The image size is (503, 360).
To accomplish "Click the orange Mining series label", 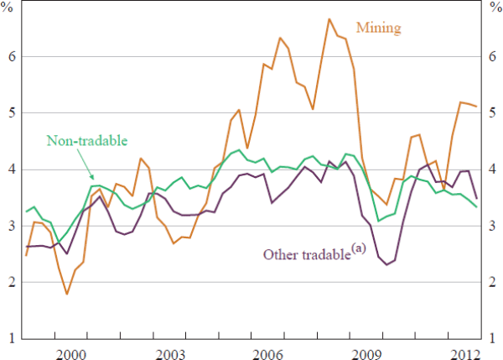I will pyautogui.click(x=379, y=28).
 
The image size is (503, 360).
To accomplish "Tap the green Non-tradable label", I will pyautogui.click(x=80, y=140).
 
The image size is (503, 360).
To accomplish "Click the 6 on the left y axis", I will pyautogui.click(x=13, y=57).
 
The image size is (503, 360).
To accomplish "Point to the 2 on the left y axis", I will pyautogui.click(x=13, y=283).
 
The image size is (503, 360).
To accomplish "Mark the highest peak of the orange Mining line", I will pyautogui.click(x=329, y=18).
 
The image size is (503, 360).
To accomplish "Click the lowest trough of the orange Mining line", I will pyautogui.click(x=66, y=294).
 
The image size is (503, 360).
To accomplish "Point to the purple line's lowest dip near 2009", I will pyautogui.click(x=387, y=264).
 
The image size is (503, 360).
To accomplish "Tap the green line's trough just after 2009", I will pyautogui.click(x=378, y=221).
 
